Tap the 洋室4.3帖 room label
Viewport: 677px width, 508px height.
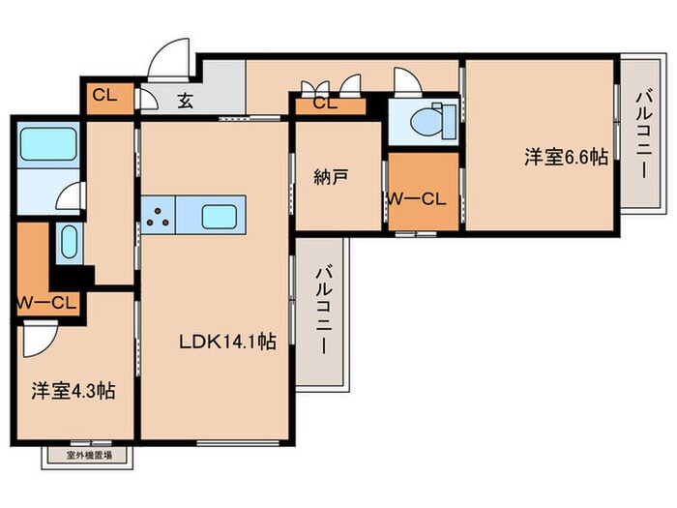[x=74, y=391]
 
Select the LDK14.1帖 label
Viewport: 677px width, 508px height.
[x=228, y=341]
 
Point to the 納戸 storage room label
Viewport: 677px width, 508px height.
[x=330, y=177]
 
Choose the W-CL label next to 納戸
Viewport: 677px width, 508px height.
[x=415, y=199]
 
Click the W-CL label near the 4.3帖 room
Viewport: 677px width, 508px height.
[x=45, y=303]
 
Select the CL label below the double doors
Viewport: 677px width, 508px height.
[x=325, y=104]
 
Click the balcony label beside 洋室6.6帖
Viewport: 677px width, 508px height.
[x=642, y=133]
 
